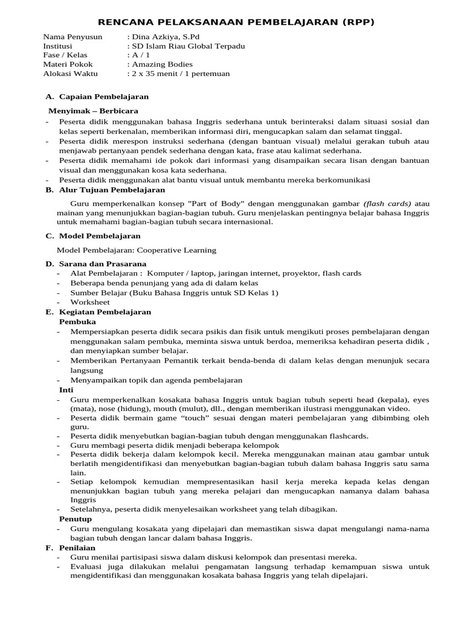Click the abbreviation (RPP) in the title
[353, 22]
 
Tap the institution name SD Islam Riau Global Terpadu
[185, 46]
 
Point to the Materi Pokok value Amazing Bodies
[162, 64]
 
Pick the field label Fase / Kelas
[65, 55]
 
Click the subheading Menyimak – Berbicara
[93, 111]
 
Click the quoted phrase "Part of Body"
[216, 203]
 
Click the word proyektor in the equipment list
[298, 273]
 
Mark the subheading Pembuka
[77, 322]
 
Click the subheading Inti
[66, 390]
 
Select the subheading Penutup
[76, 518]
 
